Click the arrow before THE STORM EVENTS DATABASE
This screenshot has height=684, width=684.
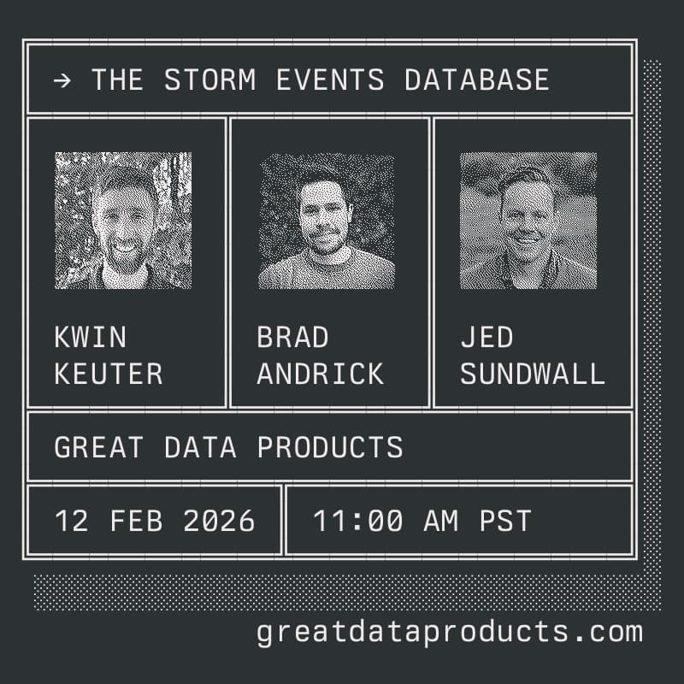[x=62, y=80]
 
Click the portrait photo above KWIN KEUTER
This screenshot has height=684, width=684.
[x=123, y=221]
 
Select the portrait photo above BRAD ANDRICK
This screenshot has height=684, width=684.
[x=327, y=221]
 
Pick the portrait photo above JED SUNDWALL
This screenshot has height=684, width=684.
[x=528, y=221]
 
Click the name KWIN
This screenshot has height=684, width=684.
[x=90, y=338]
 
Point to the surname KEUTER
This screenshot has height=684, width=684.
[x=109, y=374]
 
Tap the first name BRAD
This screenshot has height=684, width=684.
[x=292, y=338]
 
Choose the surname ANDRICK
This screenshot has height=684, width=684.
[x=321, y=374]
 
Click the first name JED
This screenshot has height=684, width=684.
[x=486, y=338]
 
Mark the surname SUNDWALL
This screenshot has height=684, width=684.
[x=533, y=374]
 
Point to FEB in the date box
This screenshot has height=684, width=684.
[x=136, y=521]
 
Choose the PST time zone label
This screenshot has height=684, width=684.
[x=504, y=521]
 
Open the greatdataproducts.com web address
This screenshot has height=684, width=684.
[x=449, y=633]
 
